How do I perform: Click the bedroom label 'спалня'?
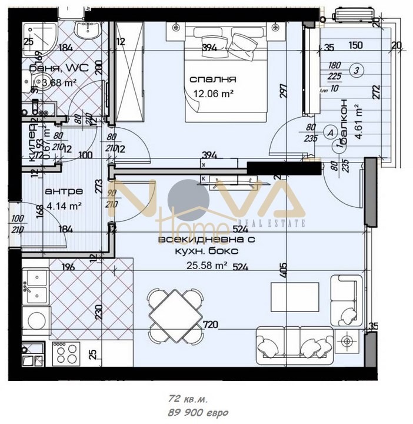click(213, 79)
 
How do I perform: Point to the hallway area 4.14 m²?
click(63, 206)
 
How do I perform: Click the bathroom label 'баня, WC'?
click(58, 68)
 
